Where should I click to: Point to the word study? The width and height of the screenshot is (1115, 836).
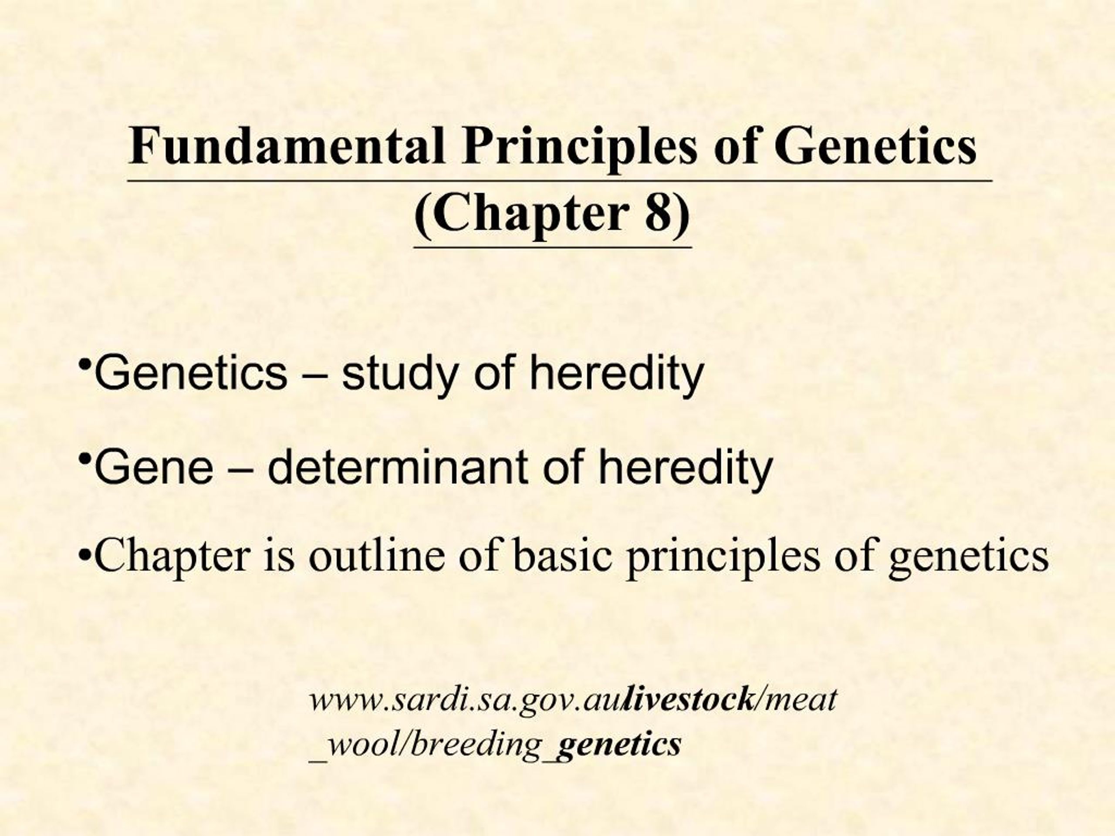point(398,374)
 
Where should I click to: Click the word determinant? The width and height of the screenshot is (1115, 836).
point(398,467)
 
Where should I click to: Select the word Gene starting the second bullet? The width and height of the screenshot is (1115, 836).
point(154,467)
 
